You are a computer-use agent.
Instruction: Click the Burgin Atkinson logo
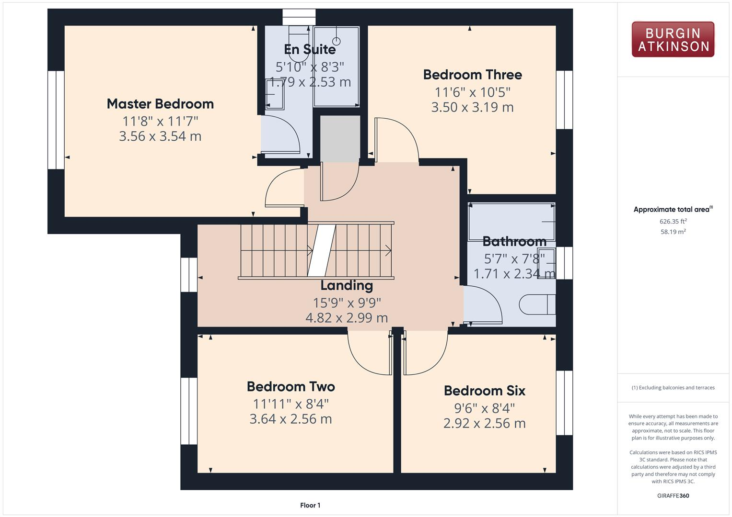tap(673, 39)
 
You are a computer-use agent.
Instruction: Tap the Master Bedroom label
tap(160, 104)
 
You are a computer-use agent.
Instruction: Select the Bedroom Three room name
tap(472, 75)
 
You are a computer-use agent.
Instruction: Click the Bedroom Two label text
tap(290, 386)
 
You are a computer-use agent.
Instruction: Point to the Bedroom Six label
tap(484, 391)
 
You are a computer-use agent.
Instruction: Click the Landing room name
tap(346, 285)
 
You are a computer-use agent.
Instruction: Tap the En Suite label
tap(310, 49)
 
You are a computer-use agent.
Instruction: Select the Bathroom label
tap(514, 241)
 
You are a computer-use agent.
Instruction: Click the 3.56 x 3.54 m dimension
tap(160, 136)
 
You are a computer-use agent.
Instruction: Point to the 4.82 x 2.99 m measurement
tap(346, 318)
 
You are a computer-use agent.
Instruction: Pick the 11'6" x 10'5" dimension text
tap(472, 92)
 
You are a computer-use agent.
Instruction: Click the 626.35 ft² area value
tap(673, 221)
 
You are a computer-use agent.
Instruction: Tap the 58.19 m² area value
tap(673, 232)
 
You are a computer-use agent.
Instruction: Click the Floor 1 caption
tap(310, 505)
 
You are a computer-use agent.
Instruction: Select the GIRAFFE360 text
tap(673, 495)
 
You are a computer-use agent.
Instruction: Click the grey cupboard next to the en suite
tap(340, 138)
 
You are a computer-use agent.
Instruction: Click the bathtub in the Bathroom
tap(511, 222)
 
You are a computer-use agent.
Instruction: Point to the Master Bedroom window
tap(56, 120)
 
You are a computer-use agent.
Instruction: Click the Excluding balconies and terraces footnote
tap(673, 388)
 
